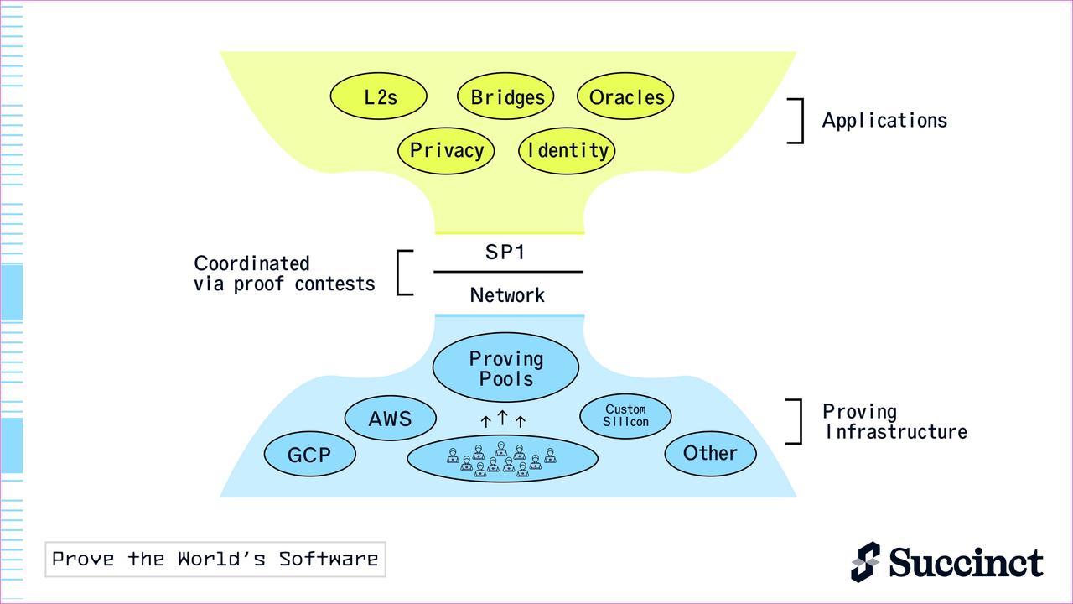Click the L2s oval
pos(379,96)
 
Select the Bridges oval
pos(506,96)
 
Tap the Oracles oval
pos(625,96)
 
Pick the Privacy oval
pos(446,151)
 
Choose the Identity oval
pos(567,151)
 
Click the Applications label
pos(884,121)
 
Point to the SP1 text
pos(505,252)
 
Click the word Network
pos(507,295)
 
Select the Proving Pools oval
pos(505,368)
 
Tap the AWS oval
pos(391,418)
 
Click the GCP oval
pos(310,455)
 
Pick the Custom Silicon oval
pos(625,415)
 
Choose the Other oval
pos(710,453)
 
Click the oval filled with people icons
pos(502,459)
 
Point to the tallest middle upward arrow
pos(502,417)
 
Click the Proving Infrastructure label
pos(894,422)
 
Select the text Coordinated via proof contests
pos(283,273)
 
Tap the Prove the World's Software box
pos(215,560)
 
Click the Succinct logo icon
pos(866,561)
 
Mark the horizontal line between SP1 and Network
pos(508,273)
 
